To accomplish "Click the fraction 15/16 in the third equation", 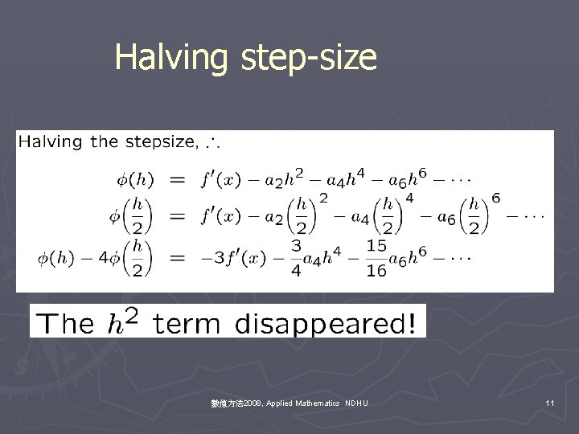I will click(376, 259).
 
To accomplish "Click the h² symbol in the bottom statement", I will click(125, 321).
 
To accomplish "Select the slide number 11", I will click(550, 402).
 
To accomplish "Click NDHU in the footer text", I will click(355, 402).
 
